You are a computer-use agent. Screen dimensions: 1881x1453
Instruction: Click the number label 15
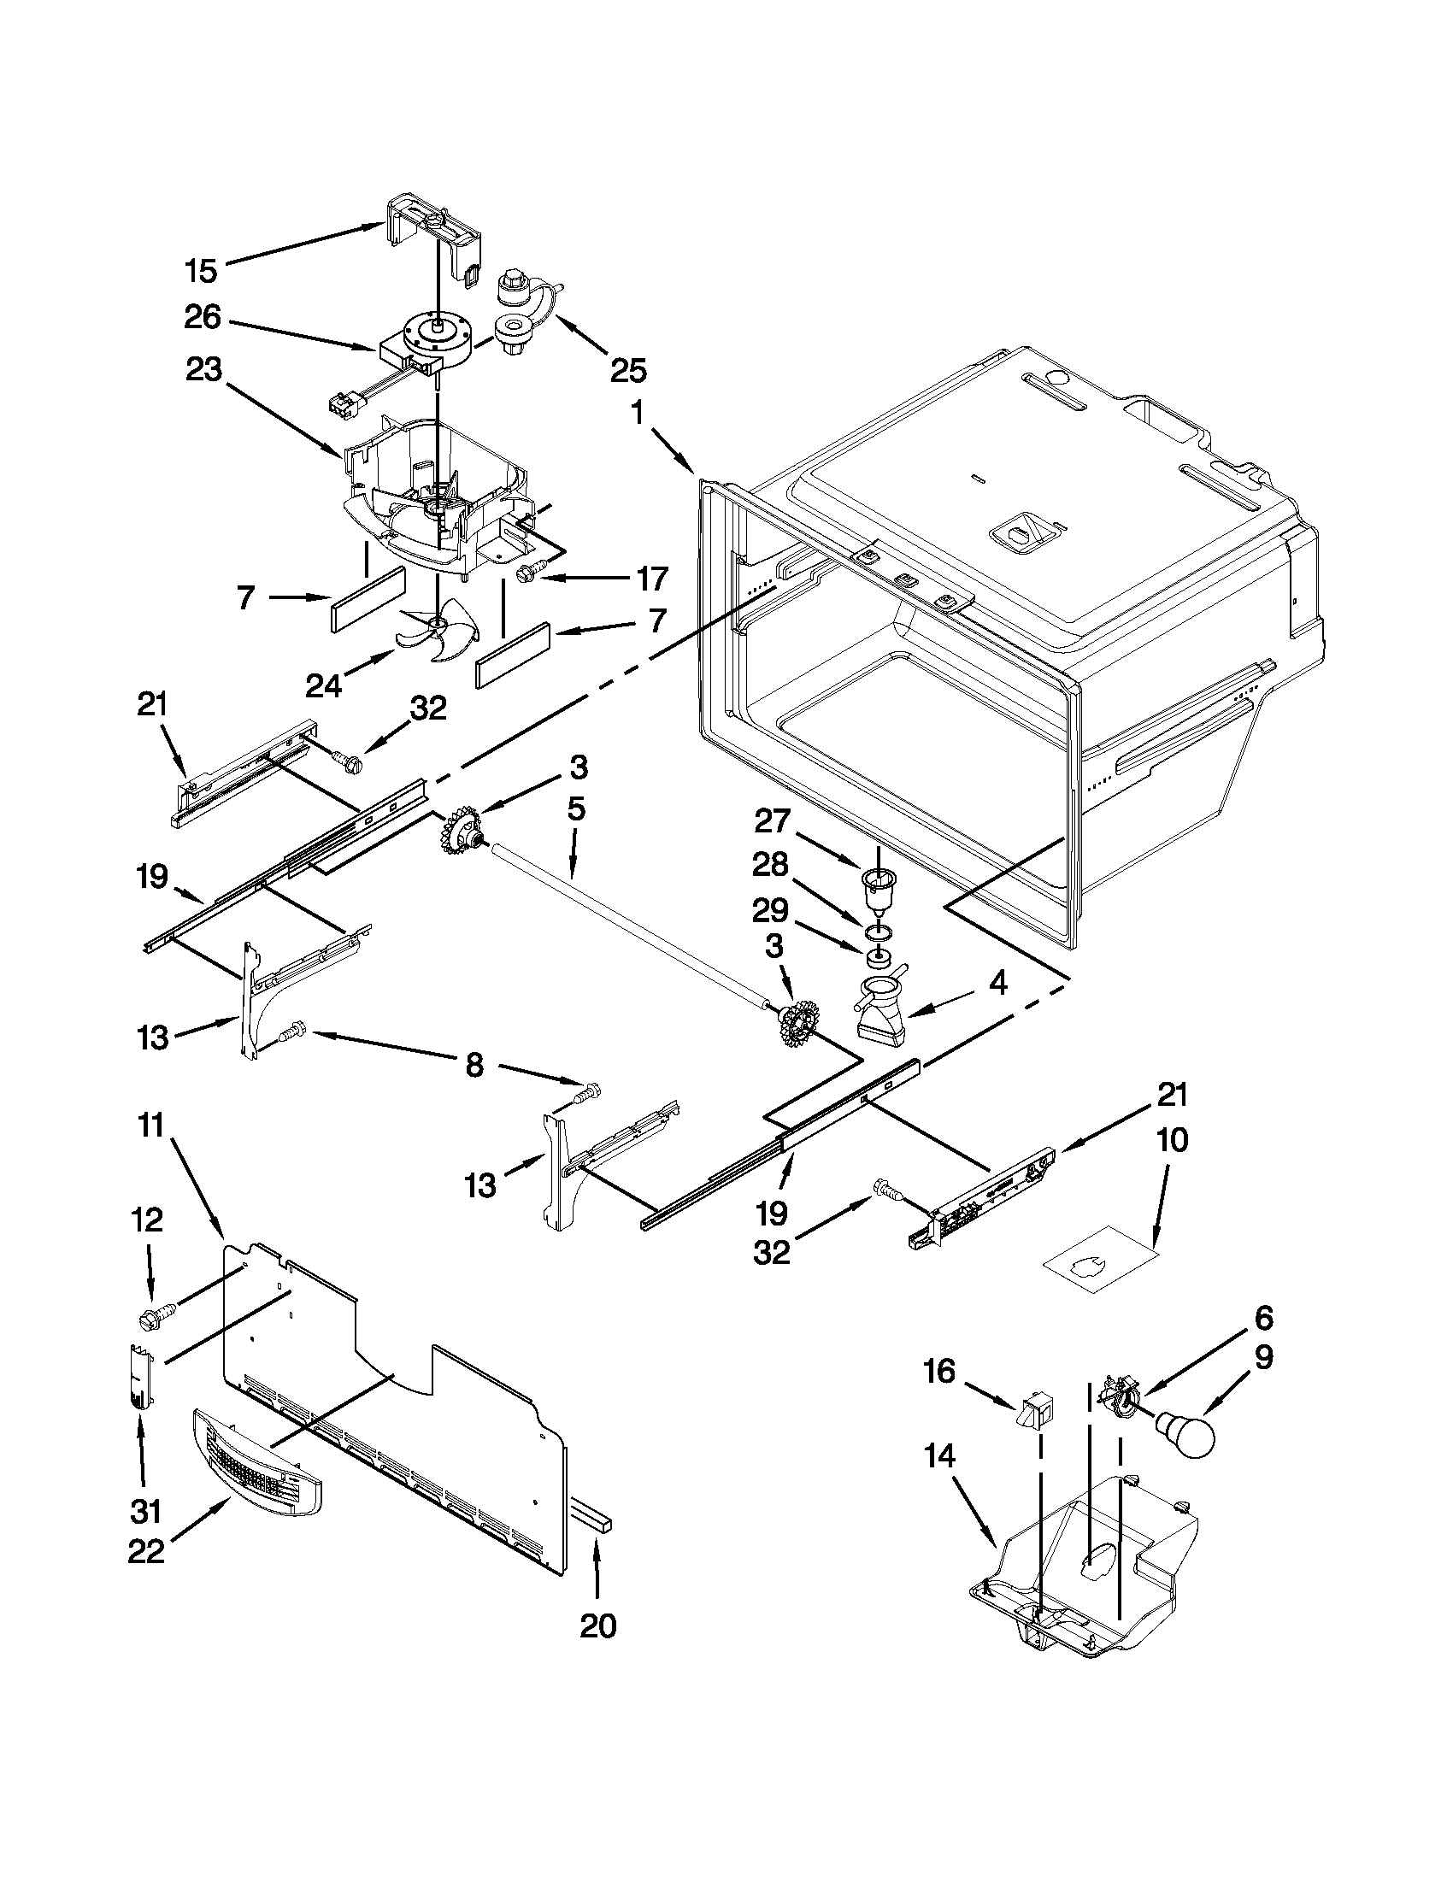[201, 271]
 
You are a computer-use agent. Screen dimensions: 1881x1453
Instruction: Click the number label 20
[597, 1626]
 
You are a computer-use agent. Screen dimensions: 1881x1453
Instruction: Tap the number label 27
[772, 820]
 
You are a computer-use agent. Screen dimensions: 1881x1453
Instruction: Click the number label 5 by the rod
[576, 808]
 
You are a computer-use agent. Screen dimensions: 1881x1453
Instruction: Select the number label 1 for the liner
[637, 414]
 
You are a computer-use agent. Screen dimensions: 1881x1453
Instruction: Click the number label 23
[203, 371]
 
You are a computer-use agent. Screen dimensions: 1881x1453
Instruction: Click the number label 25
[628, 370]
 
